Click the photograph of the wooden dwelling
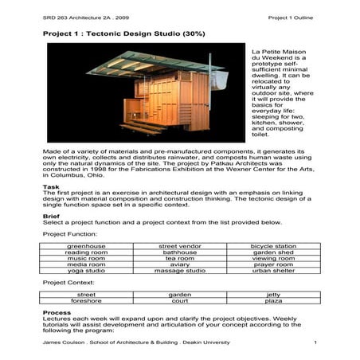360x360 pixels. point(143,96)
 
